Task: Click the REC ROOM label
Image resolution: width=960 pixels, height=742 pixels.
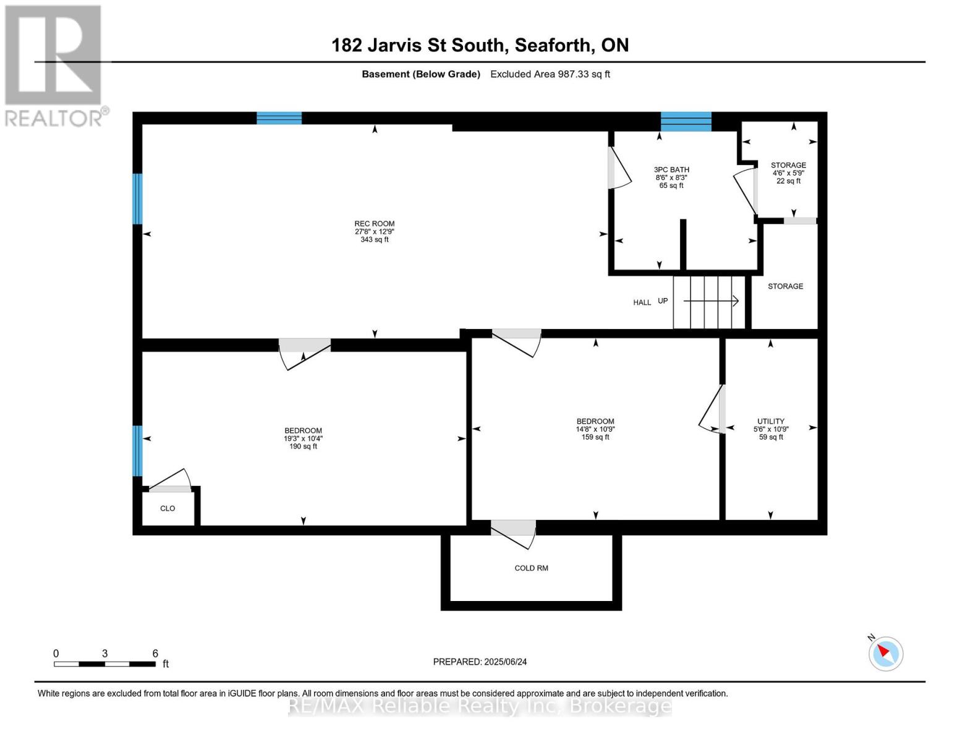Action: (x=374, y=224)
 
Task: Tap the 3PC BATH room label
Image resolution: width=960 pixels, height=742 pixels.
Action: (x=671, y=169)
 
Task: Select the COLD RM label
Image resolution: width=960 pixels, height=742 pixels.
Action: (x=531, y=568)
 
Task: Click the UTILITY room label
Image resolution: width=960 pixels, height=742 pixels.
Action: (x=771, y=421)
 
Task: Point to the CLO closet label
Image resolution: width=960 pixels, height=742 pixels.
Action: (x=168, y=508)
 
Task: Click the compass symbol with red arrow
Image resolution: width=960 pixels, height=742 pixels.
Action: (x=886, y=653)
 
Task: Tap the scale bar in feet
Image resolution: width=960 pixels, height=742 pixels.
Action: (x=104, y=664)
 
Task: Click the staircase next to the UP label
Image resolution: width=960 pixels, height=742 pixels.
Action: (x=710, y=302)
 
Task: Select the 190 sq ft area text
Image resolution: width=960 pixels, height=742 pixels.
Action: (x=303, y=446)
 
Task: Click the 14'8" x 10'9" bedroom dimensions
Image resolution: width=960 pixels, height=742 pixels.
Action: (x=595, y=429)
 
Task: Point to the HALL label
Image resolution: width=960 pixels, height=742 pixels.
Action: (x=642, y=302)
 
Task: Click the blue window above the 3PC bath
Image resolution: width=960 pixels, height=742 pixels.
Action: (x=686, y=121)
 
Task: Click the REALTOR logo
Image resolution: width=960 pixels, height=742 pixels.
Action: (x=54, y=65)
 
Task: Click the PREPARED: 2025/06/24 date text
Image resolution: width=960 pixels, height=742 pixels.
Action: (x=480, y=662)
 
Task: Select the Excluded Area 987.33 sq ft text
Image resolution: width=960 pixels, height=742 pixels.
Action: (x=550, y=74)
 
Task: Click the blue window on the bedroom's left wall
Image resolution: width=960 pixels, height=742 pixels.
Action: (x=137, y=450)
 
